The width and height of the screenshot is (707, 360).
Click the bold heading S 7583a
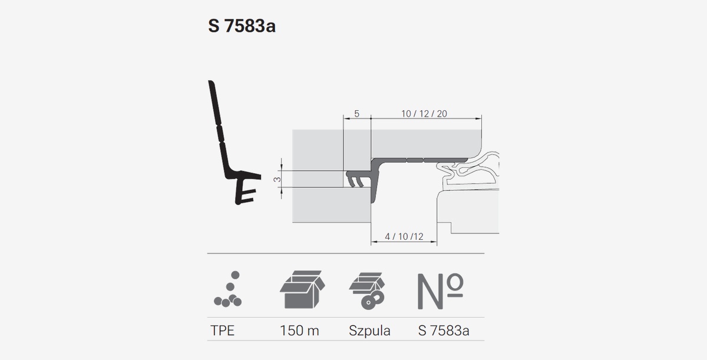click(x=242, y=26)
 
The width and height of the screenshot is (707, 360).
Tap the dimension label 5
click(x=356, y=114)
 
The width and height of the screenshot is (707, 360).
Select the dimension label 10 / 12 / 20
click(x=424, y=114)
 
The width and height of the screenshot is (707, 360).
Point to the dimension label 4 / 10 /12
click(x=404, y=236)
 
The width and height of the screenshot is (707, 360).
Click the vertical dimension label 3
click(x=277, y=179)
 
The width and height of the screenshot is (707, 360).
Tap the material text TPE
click(x=223, y=331)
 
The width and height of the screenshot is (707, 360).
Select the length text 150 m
click(x=299, y=331)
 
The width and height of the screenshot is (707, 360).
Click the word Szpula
click(x=369, y=331)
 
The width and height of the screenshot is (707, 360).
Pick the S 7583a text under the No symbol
click(x=444, y=331)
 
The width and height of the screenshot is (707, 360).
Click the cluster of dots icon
click(x=228, y=289)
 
